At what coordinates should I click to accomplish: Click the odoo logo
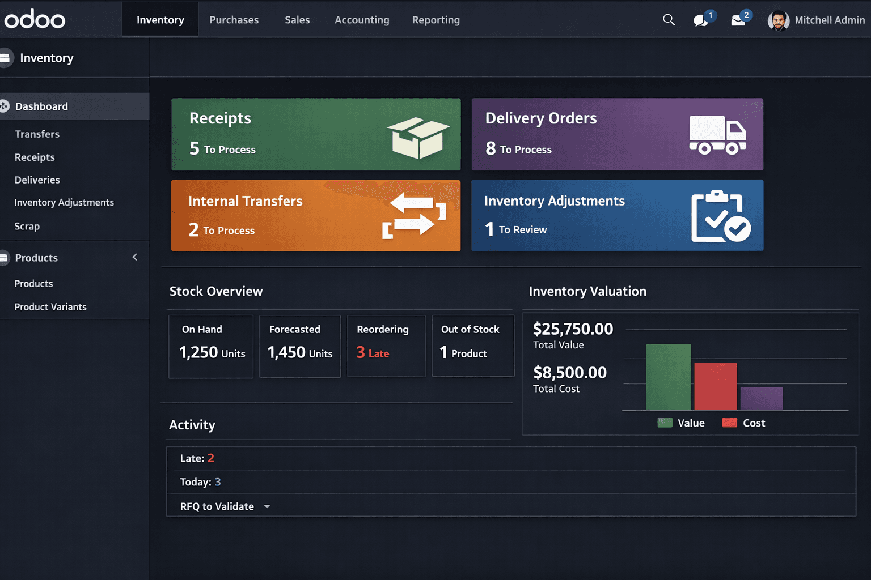(x=35, y=20)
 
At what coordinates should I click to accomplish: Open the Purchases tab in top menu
(x=234, y=20)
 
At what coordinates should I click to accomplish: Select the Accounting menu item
(x=362, y=20)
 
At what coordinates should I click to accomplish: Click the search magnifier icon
(x=669, y=20)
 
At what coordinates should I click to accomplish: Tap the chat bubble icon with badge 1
(x=701, y=20)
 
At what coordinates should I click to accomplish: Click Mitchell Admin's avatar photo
(x=778, y=21)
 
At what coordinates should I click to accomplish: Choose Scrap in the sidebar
(x=27, y=226)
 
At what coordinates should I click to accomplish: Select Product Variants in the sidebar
(x=50, y=306)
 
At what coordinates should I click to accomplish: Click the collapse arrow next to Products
(x=135, y=257)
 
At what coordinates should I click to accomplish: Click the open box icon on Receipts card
(x=418, y=138)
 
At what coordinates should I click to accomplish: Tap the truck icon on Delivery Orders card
(x=717, y=135)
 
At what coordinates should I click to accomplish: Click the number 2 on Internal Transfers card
(x=193, y=230)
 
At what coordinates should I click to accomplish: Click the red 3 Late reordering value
(x=373, y=353)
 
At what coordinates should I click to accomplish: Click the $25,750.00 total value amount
(x=573, y=329)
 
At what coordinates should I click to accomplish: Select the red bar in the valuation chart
(x=715, y=386)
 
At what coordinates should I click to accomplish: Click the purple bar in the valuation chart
(x=761, y=398)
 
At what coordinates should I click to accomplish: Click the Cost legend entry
(x=743, y=423)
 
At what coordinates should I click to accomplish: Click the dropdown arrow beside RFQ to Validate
(x=267, y=506)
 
